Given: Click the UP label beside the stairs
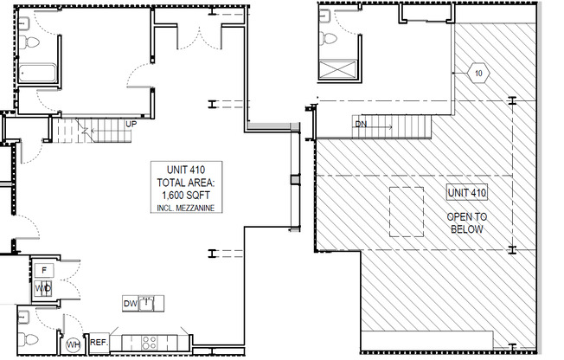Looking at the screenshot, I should [131, 124].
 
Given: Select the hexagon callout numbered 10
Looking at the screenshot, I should [478, 73].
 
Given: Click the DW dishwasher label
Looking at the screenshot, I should [130, 303].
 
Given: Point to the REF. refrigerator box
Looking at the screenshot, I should [98, 341].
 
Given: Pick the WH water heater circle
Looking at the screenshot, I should [74, 344].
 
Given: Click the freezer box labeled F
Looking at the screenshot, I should [43, 270].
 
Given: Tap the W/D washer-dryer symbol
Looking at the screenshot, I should [43, 287].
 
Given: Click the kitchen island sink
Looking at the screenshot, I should [151, 303].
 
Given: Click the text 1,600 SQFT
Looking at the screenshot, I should [187, 196].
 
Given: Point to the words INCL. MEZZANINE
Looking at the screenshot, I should [187, 209].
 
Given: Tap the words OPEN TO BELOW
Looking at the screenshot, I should [466, 222].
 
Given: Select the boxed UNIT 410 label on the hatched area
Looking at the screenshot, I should [466, 193].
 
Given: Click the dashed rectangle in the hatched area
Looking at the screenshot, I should [407, 211].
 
